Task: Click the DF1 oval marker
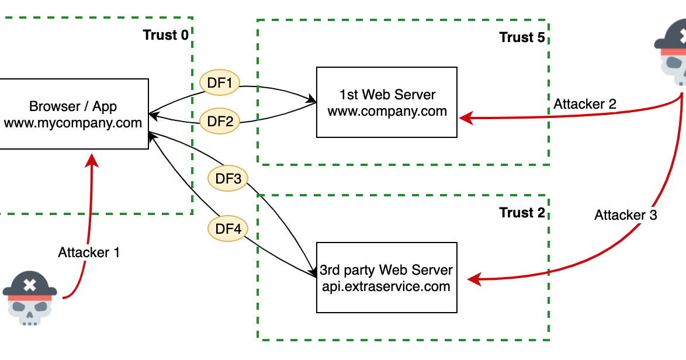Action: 220,84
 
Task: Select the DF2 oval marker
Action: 220,122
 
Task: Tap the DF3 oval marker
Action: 228,179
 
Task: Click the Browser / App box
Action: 73,114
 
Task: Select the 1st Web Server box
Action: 387,102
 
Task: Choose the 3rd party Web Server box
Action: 386,278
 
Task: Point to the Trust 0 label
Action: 166,35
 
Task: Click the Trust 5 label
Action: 522,37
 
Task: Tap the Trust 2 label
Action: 522,213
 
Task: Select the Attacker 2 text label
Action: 585,105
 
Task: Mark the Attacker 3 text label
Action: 626,215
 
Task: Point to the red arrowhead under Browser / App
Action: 92,160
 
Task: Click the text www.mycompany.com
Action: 73,123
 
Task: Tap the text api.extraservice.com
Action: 386,286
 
